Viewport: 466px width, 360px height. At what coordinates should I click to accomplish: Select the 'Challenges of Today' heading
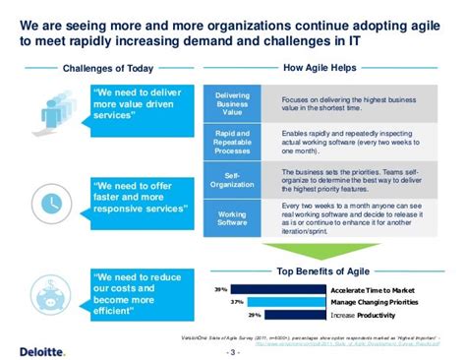(x=93, y=69)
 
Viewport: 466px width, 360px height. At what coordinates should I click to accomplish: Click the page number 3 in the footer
(x=233, y=351)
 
